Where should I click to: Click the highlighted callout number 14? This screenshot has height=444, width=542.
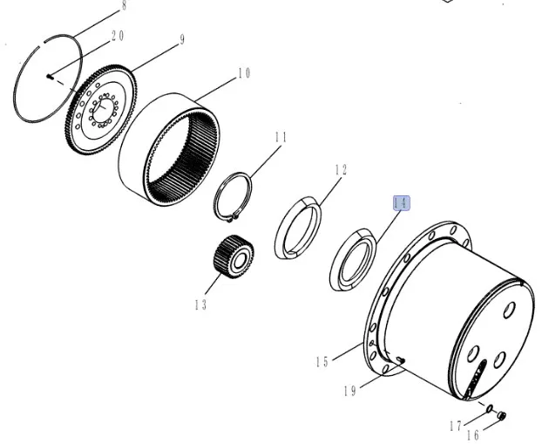tap(402, 203)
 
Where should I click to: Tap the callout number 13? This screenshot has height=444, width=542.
tap(200, 305)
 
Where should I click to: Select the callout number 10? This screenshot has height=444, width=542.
tap(244, 73)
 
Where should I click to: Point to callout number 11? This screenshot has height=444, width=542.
tap(281, 138)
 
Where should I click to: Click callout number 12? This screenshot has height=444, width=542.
tap(341, 169)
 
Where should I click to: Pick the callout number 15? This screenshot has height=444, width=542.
tap(322, 362)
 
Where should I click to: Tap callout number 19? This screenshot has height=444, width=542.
tap(349, 391)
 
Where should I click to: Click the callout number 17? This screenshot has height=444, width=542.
tap(456, 426)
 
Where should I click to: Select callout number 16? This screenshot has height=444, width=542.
tap(473, 435)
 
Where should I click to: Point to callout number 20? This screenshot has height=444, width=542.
tap(118, 36)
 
